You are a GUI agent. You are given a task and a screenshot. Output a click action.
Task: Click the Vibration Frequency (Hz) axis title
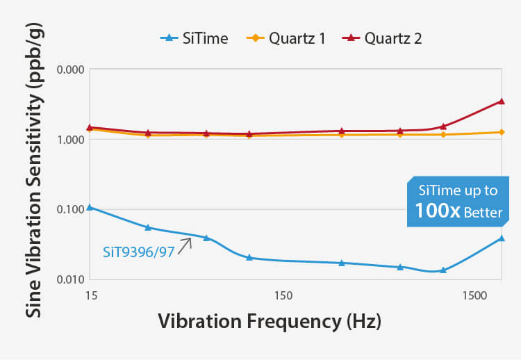[270, 322]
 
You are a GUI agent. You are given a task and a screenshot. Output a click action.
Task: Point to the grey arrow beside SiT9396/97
[185, 245]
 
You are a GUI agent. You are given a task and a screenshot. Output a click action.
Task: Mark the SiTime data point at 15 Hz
[90, 207]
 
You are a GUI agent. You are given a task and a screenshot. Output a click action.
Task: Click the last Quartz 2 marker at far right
[502, 101]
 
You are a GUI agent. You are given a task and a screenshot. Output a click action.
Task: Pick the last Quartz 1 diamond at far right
[502, 132]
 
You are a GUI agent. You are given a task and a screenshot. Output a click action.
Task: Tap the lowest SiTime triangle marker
[443, 270]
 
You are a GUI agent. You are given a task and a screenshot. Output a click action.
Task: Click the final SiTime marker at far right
[502, 238]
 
